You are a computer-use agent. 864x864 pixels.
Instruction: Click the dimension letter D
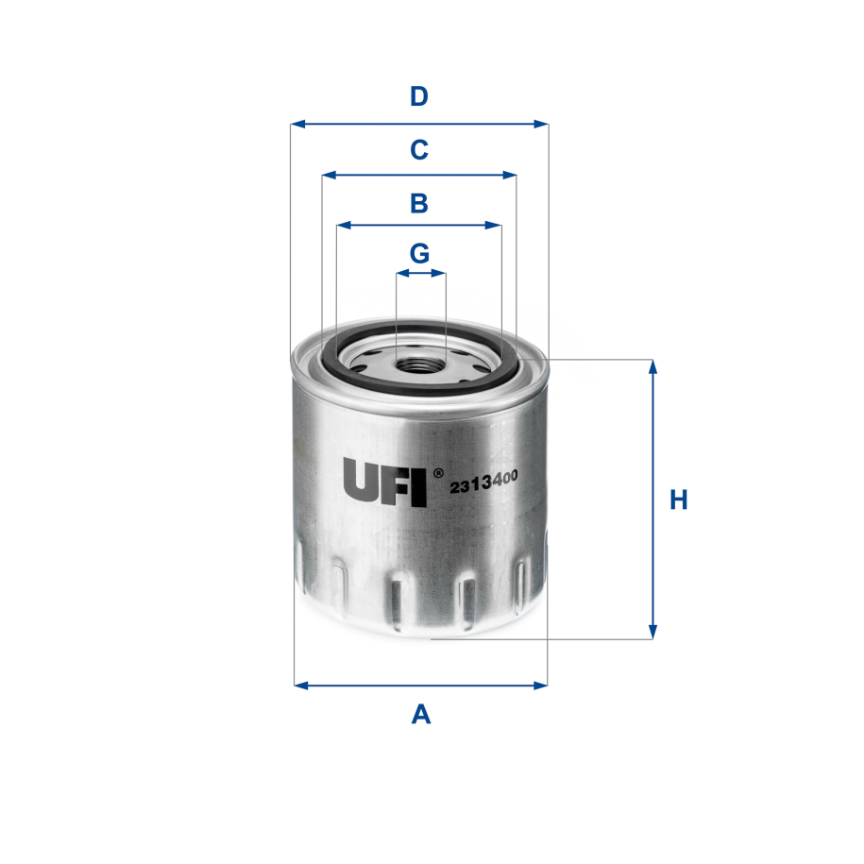[419, 96]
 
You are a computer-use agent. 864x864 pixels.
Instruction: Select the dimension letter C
[419, 149]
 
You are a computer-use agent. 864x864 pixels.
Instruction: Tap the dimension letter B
[419, 203]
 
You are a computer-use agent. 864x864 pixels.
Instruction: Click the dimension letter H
[678, 500]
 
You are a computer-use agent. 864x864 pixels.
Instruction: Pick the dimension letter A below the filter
[421, 715]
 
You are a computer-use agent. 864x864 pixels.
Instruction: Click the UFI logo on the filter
[385, 483]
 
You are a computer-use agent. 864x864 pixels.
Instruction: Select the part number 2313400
[483, 483]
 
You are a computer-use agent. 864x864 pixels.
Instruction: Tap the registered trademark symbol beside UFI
[437, 471]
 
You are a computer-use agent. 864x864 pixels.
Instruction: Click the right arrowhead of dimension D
[542, 124]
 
